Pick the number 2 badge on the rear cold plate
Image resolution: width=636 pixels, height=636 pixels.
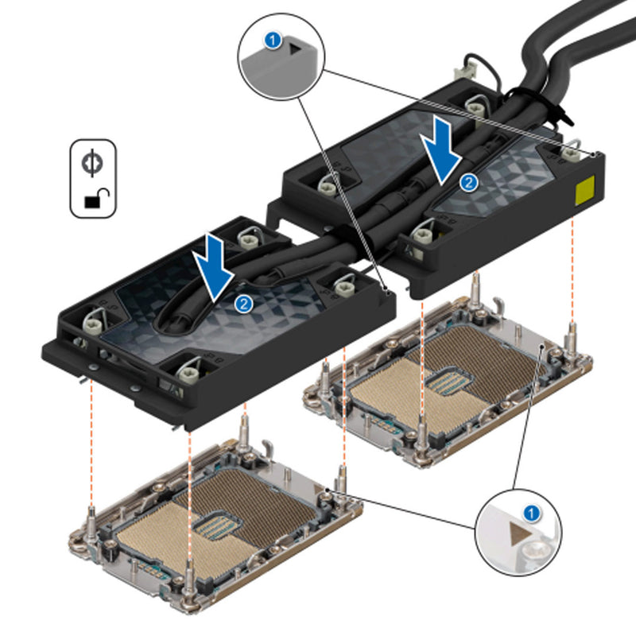click(470, 182)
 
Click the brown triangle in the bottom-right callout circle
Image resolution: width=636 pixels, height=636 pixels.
click(518, 531)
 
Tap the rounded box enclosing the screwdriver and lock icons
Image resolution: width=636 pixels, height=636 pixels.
click(93, 180)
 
